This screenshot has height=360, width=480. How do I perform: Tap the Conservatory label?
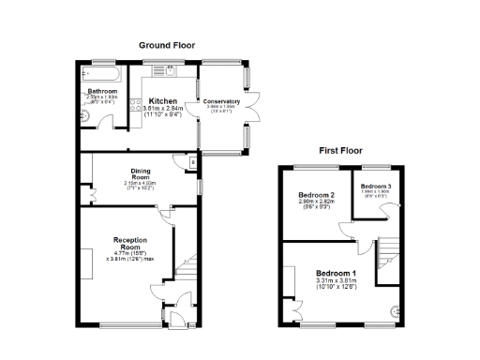[x=222, y=101]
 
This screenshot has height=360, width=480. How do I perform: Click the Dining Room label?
[x=141, y=175]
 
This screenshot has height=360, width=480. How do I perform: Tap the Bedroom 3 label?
[x=377, y=186]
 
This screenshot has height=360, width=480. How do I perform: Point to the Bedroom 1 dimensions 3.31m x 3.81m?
[x=337, y=280]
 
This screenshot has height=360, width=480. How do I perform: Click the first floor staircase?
[x=388, y=253]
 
